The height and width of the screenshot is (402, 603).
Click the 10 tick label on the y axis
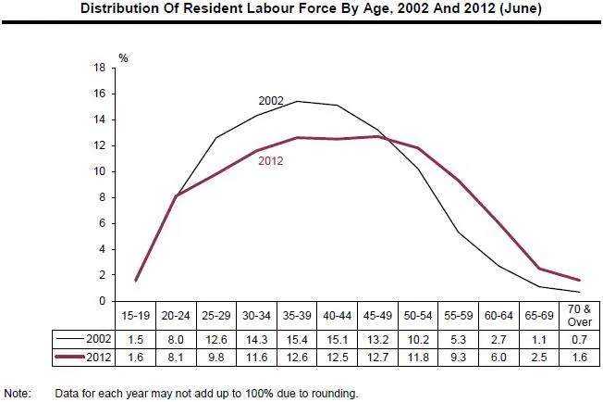tap(100, 172)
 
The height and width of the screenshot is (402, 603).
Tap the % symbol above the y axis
tap(123, 57)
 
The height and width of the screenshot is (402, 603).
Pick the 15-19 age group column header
tap(137, 316)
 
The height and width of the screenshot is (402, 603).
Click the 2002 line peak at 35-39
tap(296, 101)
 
